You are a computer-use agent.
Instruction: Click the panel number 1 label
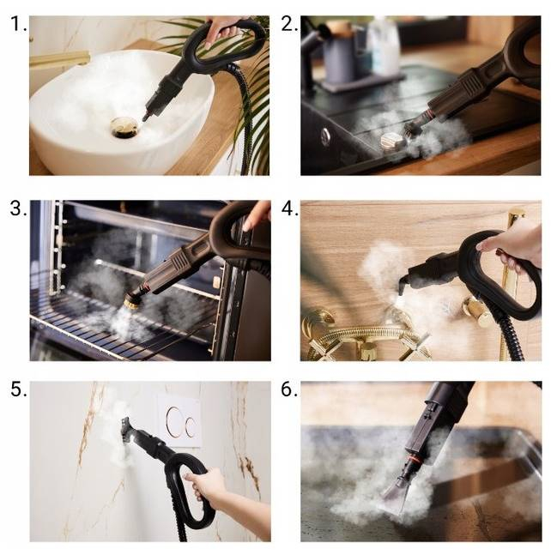(x=18, y=24)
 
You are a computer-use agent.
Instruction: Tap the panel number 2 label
(x=289, y=24)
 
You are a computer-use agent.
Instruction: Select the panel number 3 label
(x=18, y=208)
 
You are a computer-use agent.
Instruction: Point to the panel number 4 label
(x=289, y=208)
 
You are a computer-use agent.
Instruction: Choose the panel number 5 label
(x=18, y=389)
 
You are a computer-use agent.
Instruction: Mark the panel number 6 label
(x=289, y=389)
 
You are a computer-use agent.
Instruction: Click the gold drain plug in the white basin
(x=124, y=127)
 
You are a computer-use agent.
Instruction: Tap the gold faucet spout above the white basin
(x=59, y=59)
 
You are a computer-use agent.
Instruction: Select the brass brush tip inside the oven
(x=132, y=301)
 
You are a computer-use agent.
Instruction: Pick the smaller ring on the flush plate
(x=191, y=426)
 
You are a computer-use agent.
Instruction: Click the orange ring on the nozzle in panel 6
(x=411, y=461)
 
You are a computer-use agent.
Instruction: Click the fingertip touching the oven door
(x=247, y=226)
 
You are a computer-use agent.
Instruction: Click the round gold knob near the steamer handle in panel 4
(x=478, y=312)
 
